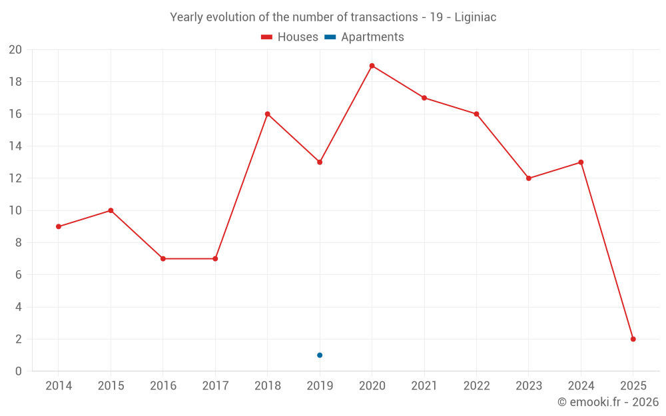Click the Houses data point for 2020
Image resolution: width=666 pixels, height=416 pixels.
(x=372, y=66)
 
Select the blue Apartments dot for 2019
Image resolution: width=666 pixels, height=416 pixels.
(x=320, y=355)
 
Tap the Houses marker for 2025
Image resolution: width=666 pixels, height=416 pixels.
(x=633, y=339)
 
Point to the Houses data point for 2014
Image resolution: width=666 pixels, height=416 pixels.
(x=59, y=226)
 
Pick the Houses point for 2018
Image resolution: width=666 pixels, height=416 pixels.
(x=268, y=114)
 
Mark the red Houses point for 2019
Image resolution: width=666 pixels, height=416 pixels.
(x=320, y=162)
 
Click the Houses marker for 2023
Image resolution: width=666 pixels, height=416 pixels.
(x=529, y=178)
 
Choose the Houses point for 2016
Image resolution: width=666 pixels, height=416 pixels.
(x=163, y=258)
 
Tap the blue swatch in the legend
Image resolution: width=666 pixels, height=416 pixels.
(x=330, y=37)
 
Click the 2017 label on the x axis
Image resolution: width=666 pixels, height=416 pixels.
(x=215, y=386)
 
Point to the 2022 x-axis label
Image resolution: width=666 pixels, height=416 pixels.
(x=476, y=386)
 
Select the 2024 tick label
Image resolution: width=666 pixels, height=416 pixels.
(x=581, y=386)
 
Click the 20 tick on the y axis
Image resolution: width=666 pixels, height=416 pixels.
(x=15, y=50)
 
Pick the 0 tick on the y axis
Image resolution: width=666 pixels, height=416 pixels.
(x=19, y=371)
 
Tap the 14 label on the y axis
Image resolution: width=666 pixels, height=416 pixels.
(x=15, y=146)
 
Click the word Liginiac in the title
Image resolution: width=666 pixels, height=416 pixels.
(x=475, y=17)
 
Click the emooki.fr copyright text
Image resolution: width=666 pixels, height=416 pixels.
(x=608, y=402)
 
